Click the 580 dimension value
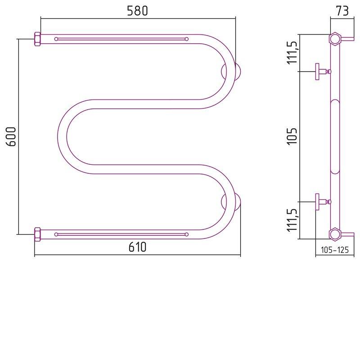137,11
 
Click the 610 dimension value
137,247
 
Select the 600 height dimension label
11,137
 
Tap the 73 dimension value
342,11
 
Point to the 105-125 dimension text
335,250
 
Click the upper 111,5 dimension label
292,53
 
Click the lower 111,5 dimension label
292,220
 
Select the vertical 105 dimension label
292,136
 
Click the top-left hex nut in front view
37,39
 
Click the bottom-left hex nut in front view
37,234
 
